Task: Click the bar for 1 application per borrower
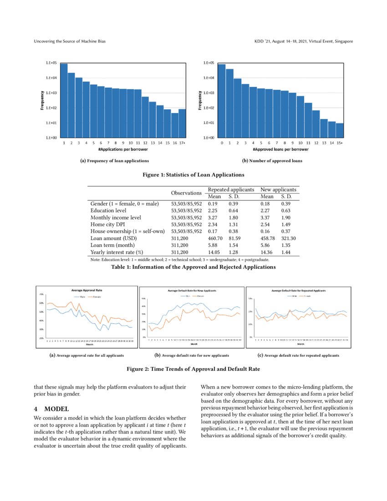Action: [64, 101]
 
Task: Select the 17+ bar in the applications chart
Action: [182, 123]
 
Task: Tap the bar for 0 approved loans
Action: [222, 101]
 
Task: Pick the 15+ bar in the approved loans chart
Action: [340, 130]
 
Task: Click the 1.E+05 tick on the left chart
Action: [51, 63]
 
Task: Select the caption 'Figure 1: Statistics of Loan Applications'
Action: [193, 174]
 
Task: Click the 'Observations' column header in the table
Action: [186, 193]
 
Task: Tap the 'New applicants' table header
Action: [278, 189]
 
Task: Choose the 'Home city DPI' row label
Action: [107, 224]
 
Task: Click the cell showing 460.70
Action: [215, 238]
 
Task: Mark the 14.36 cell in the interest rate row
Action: [267, 252]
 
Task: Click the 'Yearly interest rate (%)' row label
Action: [117, 252]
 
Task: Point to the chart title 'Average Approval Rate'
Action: [89, 290]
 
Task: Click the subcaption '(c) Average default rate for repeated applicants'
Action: [298, 355]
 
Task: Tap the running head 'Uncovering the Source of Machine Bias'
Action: [70, 42]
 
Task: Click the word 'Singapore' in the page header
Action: [342, 42]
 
